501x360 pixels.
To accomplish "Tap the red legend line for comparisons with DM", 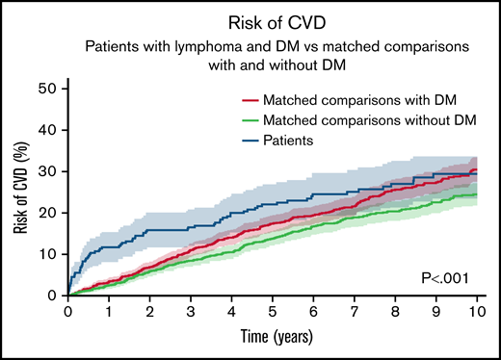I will pos(251,99).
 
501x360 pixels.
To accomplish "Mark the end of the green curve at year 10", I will pos(476,195).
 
